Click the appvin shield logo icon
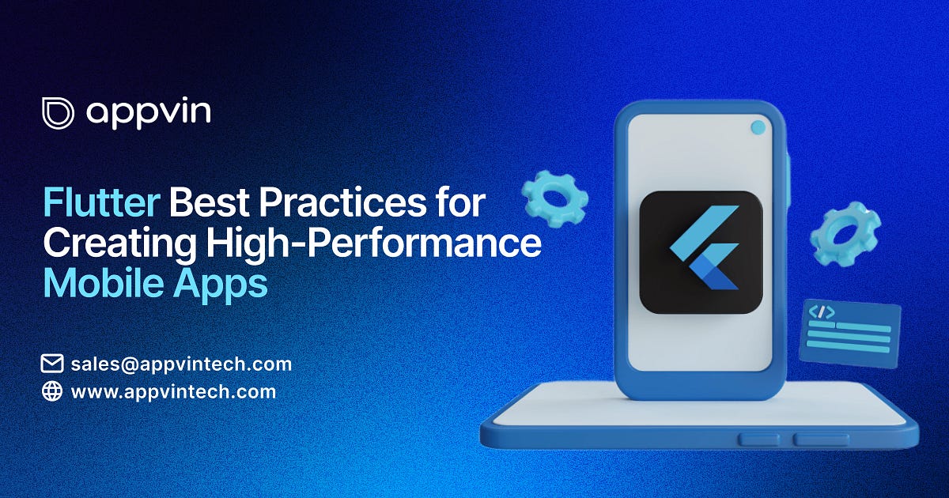[58, 113]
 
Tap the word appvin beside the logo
[149, 113]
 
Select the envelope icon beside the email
[52, 364]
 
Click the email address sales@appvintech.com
[181, 364]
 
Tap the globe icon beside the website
[52, 391]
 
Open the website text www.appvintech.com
[173, 391]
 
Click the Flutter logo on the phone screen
[701, 251]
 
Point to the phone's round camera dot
[758, 126]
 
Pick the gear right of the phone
[845, 233]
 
